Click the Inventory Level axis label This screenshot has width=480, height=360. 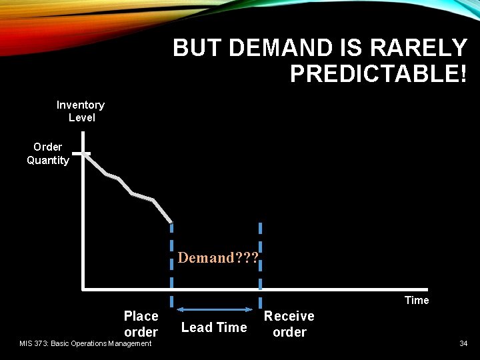[81, 111]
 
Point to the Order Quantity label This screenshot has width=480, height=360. [48, 153]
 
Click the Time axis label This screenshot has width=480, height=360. [417, 300]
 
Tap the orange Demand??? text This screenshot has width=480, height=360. [217, 258]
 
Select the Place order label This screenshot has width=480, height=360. [141, 323]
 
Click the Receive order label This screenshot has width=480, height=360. [289, 323]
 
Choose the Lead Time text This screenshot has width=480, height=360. [214, 327]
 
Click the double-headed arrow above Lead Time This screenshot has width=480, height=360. [215, 309]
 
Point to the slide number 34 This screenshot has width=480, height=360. [463, 343]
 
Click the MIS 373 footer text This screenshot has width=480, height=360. [85, 343]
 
